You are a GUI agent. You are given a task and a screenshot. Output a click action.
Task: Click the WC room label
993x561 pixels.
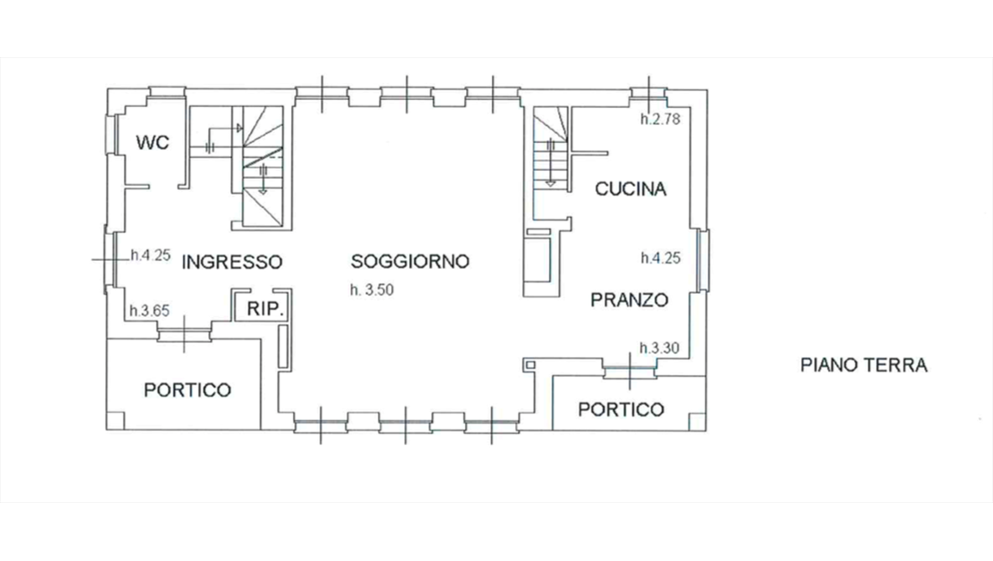click(153, 143)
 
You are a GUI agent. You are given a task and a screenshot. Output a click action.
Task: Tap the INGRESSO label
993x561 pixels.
click(232, 262)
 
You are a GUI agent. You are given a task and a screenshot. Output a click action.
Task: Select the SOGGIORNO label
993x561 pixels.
click(410, 262)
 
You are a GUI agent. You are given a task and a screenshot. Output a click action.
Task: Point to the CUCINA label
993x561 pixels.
click(630, 189)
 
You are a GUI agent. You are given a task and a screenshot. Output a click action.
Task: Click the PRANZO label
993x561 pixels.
click(629, 300)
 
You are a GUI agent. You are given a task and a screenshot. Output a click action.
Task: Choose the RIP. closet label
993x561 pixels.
click(265, 310)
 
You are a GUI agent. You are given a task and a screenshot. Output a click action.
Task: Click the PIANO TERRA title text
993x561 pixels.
click(864, 364)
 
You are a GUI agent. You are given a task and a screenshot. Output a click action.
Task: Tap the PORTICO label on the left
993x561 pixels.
click(188, 390)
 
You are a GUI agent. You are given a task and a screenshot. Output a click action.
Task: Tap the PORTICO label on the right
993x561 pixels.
click(621, 409)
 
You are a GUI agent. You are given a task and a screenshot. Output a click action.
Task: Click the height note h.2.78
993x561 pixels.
click(661, 120)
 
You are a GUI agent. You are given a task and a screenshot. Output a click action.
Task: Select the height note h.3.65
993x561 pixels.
click(149, 311)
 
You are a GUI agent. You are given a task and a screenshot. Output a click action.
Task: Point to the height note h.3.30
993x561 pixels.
click(661, 347)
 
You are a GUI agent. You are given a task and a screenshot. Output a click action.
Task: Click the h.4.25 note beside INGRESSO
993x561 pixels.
click(150, 255)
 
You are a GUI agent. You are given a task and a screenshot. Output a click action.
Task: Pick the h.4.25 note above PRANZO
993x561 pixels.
click(661, 259)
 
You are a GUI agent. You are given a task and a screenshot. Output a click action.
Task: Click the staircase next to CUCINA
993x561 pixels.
click(550, 156)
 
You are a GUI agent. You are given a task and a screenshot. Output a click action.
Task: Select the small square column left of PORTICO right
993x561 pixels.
click(529, 364)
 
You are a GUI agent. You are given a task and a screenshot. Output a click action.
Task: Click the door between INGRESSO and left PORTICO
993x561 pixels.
click(185, 333)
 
